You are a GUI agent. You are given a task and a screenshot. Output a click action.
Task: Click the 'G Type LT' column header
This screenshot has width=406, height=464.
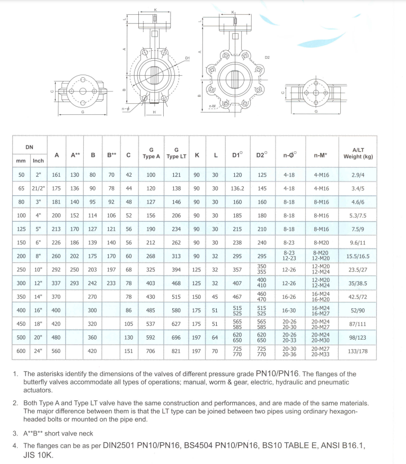(176, 153)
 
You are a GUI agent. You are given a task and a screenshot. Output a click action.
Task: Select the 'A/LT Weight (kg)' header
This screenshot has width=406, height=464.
(358, 153)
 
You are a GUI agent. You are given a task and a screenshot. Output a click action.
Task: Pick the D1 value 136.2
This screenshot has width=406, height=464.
(236, 188)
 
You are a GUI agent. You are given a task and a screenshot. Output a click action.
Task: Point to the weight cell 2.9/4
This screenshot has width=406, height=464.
(358, 174)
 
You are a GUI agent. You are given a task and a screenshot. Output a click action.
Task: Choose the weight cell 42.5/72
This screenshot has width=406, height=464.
(358, 297)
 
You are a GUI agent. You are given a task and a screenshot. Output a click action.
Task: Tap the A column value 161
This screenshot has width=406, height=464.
(57, 174)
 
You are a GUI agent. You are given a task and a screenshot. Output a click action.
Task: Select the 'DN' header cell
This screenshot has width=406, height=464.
(29, 145)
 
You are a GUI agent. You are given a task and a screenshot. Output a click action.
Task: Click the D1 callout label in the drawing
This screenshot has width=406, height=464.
(187, 58)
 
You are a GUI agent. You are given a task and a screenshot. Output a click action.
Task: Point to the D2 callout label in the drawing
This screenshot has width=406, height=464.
(267, 57)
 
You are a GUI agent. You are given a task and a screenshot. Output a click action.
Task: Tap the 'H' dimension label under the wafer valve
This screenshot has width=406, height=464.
(154, 112)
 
